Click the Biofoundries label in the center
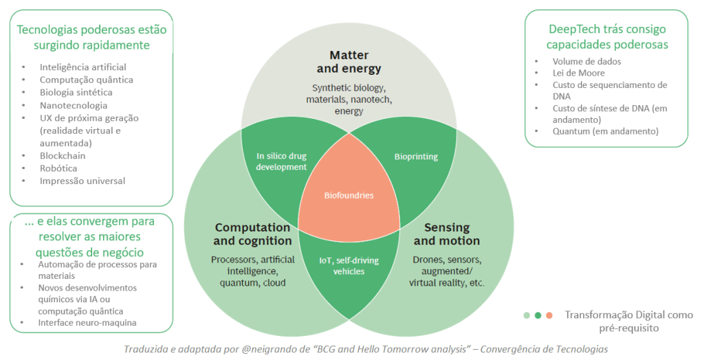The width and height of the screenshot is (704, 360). (349, 196)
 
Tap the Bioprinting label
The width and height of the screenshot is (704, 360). (415, 157)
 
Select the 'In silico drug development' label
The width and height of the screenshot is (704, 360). (282, 161)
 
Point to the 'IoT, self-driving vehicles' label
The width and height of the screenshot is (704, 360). (349, 265)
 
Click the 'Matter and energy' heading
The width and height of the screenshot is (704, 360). (349, 62)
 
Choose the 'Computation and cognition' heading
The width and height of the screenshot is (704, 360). (252, 234)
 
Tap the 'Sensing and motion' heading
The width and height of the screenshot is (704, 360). (447, 234)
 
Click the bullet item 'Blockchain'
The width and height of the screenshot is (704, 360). (63, 156)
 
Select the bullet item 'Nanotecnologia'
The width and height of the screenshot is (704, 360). (74, 105)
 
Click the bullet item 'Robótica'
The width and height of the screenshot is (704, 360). (58, 168)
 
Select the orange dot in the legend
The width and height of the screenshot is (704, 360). (549, 315)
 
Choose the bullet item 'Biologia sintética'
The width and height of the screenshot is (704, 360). (76, 92)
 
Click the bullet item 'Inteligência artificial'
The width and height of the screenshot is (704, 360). (82, 67)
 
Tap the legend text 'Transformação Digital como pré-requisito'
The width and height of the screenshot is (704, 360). (628, 321)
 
